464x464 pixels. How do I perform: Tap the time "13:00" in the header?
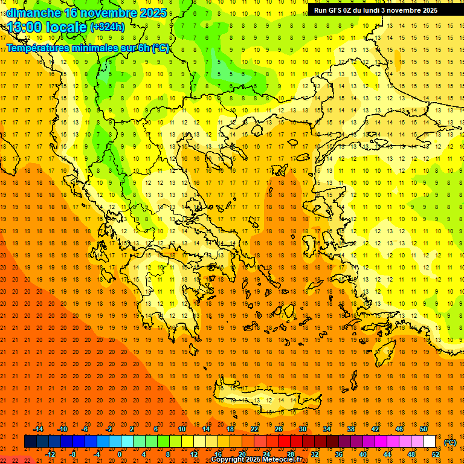25,27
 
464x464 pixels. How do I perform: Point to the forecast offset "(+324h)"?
108,27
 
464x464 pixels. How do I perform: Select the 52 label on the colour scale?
436,454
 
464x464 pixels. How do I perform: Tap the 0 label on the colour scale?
120,454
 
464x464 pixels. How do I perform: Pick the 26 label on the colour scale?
279,428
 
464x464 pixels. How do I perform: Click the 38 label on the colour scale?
350,428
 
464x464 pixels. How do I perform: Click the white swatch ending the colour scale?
430,442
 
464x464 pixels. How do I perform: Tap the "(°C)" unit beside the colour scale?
450,442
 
